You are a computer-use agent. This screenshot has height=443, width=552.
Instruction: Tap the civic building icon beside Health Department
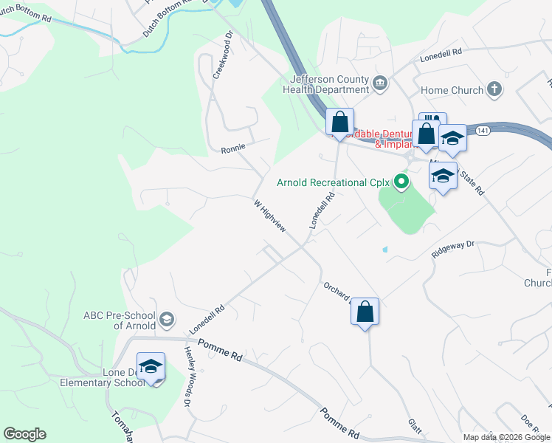click(381, 81)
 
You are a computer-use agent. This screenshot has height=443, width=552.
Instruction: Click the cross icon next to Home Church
click(494, 90)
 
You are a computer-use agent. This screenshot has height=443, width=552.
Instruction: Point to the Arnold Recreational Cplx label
click(332, 182)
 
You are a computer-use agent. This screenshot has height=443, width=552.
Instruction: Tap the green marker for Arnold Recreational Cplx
click(401, 181)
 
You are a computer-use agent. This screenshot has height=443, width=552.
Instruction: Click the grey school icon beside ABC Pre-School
click(167, 319)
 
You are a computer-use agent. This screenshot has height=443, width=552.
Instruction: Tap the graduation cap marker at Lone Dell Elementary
click(151, 367)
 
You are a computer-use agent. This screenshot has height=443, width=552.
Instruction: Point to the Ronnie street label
click(232, 149)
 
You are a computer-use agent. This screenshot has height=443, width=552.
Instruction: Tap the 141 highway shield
click(482, 130)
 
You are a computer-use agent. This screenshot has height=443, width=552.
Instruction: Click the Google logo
click(24, 434)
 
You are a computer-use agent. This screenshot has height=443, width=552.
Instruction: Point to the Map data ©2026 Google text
click(506, 437)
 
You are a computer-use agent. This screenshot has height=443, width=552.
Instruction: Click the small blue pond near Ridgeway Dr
click(384, 250)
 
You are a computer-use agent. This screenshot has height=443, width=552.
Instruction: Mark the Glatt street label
click(415, 427)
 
